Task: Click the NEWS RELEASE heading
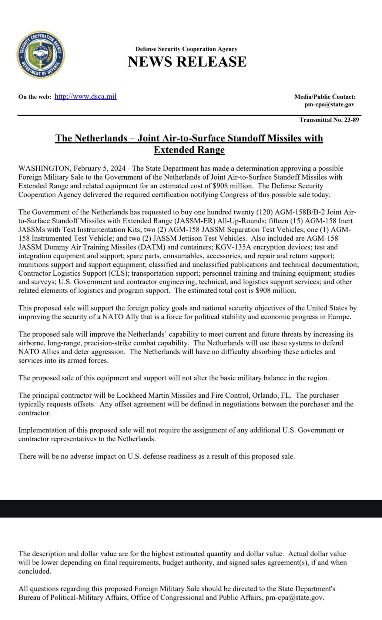coord(187,61)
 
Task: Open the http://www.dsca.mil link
coord(85,97)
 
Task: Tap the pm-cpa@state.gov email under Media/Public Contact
coord(329,104)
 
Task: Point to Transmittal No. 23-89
coord(329,120)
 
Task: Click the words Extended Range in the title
coord(189,150)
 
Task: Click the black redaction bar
coord(191,509)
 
